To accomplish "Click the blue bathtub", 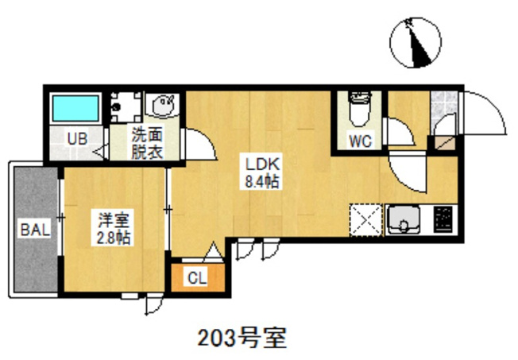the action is tap(75, 108).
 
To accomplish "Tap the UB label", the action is tap(77, 139).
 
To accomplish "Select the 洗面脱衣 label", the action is tap(147, 143).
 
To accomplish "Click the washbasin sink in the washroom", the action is tap(163, 104).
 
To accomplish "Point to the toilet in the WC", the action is tap(360, 109).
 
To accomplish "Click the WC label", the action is tap(361, 141).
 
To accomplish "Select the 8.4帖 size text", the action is tap(261, 181).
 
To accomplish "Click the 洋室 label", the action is tap(114, 220).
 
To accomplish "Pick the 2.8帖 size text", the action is tap(114, 238).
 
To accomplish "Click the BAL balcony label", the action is tap(35, 229).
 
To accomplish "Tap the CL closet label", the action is tap(197, 278).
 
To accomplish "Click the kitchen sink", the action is tap(404, 219).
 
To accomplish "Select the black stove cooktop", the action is tap(443, 219).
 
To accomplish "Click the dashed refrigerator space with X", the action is tap(366, 220).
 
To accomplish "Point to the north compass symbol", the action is tap(416, 43).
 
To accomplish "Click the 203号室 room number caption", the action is tap(242, 338).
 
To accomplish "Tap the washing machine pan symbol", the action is tap(126, 107).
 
